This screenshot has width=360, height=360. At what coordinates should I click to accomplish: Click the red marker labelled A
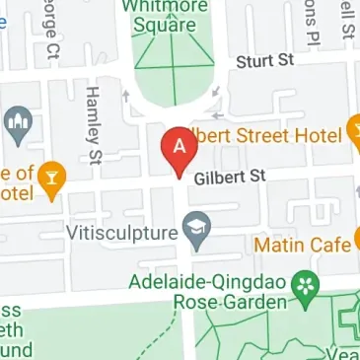(x=179, y=148)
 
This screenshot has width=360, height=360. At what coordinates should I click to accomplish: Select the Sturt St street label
(x=264, y=61)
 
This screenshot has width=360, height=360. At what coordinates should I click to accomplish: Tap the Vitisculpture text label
(x=121, y=234)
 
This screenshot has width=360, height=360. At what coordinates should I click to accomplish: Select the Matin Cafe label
(x=303, y=243)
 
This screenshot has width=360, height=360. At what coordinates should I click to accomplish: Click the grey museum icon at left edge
(x=15, y=123)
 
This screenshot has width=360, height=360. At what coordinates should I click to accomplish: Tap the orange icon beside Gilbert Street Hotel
(x=356, y=130)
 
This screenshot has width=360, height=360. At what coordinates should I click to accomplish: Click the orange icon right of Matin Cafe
(x=355, y=240)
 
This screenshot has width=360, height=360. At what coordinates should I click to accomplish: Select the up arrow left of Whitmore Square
(x=125, y=96)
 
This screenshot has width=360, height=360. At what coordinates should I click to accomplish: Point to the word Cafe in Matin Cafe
(x=329, y=243)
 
